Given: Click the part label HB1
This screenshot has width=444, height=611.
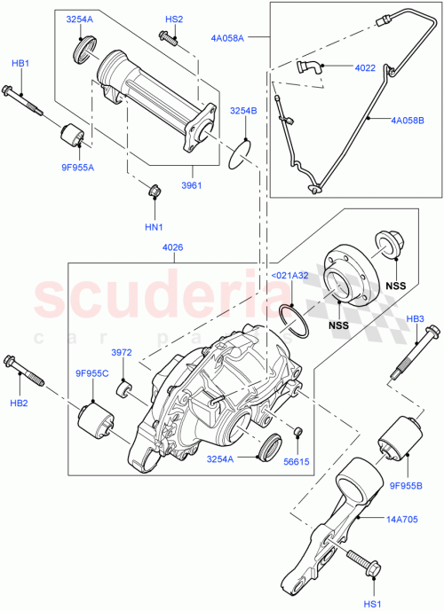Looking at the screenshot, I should click(20, 64).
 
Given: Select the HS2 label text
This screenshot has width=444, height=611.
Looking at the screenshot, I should click(174, 19).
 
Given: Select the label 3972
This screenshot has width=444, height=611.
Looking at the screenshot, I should click(122, 353).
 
